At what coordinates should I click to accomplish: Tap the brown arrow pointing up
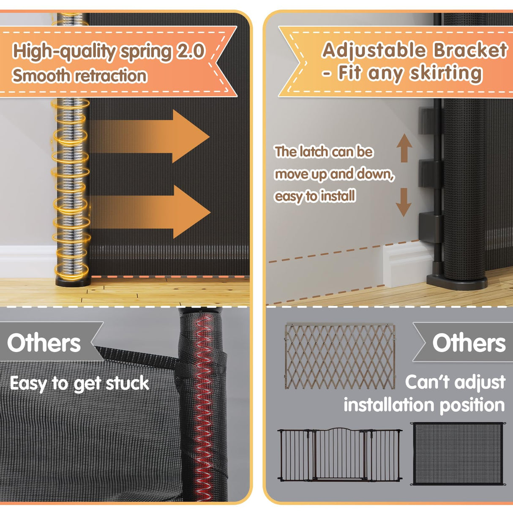point(404,147)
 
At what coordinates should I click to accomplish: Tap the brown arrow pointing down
point(404,202)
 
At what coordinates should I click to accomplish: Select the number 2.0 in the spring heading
point(191,51)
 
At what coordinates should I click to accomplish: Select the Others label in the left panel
point(44,343)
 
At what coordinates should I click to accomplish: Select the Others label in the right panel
point(469,342)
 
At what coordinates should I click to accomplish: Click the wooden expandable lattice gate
point(340,356)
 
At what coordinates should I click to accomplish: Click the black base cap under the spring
point(73,281)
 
